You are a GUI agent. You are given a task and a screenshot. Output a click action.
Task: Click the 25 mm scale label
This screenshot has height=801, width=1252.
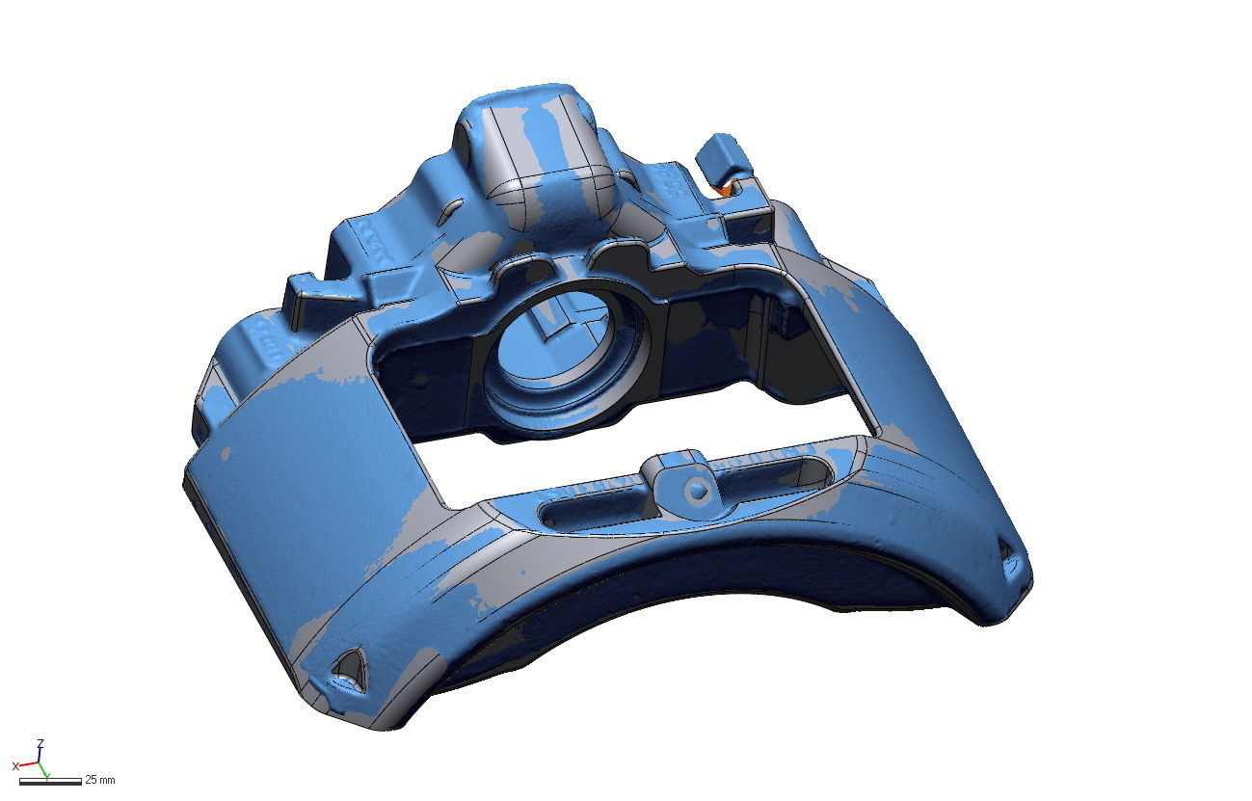(100, 779)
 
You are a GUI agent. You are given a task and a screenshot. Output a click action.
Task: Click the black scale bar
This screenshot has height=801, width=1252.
(49, 780)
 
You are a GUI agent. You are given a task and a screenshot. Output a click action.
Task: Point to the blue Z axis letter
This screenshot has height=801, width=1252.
(40, 743)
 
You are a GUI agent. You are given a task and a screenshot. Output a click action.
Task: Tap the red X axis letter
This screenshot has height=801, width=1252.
(15, 766)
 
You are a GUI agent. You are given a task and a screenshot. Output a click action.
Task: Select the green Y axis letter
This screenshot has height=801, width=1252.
(46, 773)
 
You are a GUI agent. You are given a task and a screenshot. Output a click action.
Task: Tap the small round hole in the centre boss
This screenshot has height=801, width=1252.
(698, 492)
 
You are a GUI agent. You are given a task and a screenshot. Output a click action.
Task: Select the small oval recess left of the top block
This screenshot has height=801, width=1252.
(447, 208)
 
